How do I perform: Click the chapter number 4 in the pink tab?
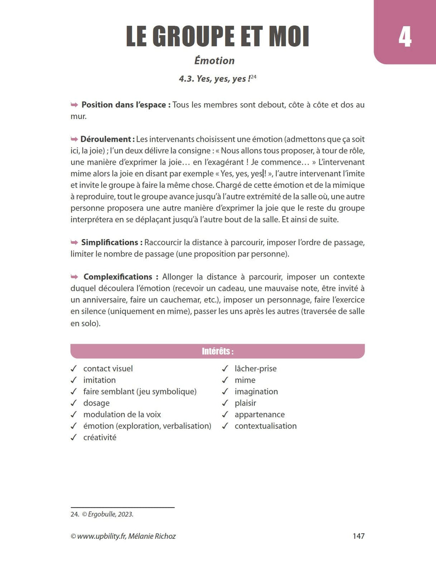point(405,37)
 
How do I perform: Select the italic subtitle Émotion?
point(214,60)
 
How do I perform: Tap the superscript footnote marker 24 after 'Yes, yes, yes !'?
point(254,77)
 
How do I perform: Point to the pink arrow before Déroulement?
point(74,139)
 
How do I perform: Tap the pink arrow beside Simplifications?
point(74,242)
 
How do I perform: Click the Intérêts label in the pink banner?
point(218,351)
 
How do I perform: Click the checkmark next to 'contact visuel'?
point(74,369)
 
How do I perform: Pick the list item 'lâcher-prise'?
point(255,369)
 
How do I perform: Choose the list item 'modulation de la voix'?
point(122,414)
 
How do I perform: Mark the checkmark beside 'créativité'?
point(74,437)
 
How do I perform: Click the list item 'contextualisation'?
point(265,426)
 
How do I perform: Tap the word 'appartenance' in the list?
point(259,414)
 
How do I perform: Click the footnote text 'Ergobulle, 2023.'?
point(111,514)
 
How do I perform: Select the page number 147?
point(358,536)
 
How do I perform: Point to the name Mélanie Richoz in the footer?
point(152,536)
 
